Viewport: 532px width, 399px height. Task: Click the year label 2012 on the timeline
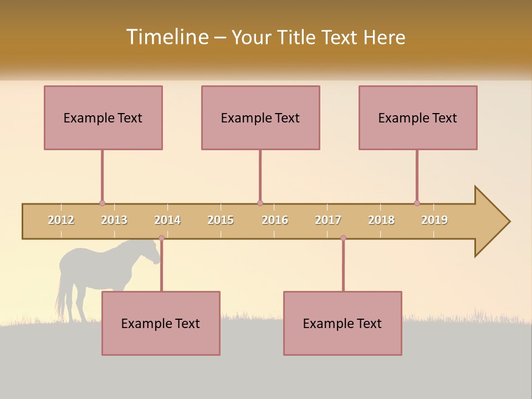[61, 220]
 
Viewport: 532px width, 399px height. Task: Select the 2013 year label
[114, 220]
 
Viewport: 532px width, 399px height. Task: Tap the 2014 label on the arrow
[167, 220]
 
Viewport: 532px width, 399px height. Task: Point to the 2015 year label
[221, 220]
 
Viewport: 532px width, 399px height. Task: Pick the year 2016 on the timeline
[275, 220]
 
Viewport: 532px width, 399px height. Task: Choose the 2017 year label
[328, 220]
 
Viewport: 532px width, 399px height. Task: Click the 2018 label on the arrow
[381, 220]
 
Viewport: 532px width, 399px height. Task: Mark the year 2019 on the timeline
[434, 220]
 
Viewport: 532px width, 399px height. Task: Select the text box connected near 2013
[103, 117]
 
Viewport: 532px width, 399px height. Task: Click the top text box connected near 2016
[260, 117]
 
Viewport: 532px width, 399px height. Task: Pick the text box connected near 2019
[418, 117]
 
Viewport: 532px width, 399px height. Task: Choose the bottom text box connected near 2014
[161, 323]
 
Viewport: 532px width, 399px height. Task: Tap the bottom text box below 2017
[342, 323]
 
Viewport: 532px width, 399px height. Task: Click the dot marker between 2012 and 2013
[102, 203]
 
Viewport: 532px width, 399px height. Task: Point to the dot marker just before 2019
[417, 203]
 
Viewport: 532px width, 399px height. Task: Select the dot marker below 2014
[161, 238]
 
